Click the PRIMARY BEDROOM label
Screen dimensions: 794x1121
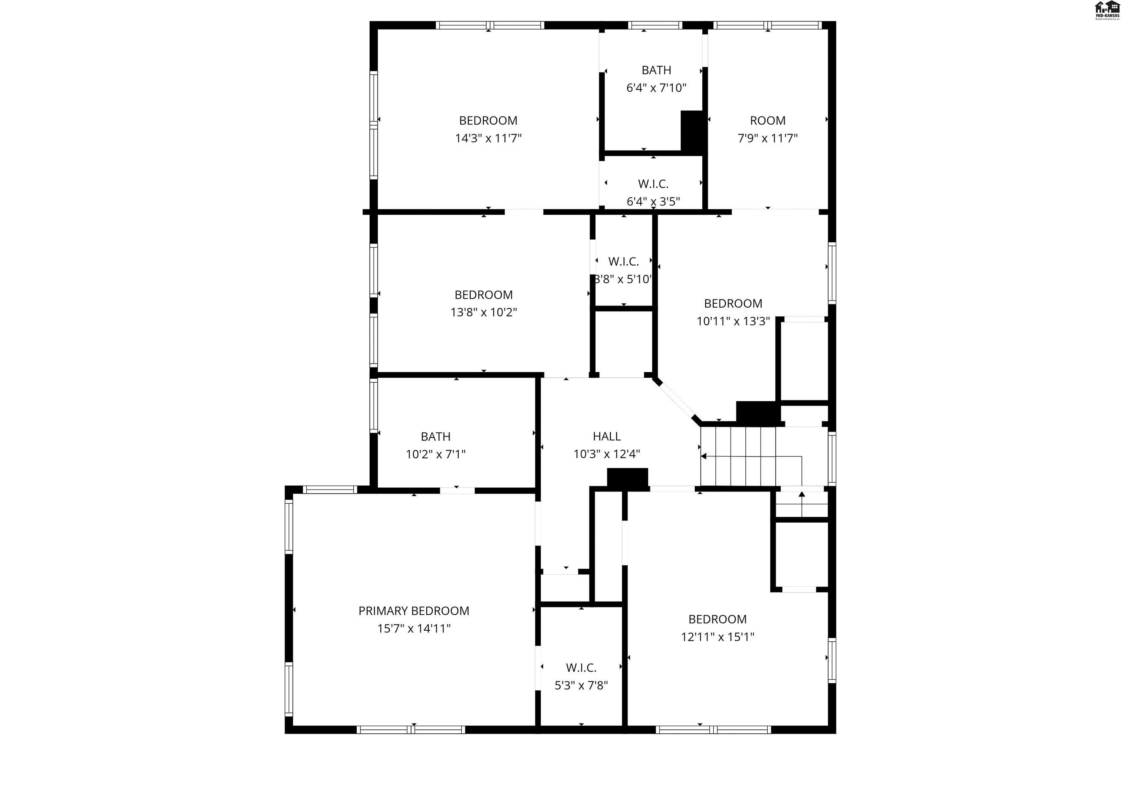click(x=414, y=610)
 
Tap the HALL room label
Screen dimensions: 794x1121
click(x=607, y=436)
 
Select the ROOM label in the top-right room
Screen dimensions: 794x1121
click(x=767, y=120)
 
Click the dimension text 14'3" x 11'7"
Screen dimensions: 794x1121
click(x=488, y=138)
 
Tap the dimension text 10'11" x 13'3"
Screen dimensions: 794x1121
click(x=733, y=321)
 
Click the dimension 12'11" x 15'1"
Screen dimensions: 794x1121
click(x=718, y=637)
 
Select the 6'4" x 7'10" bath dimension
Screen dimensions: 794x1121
click(x=656, y=88)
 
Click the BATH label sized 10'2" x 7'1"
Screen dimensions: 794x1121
click(x=435, y=436)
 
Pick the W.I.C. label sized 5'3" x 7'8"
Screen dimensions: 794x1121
click(x=581, y=667)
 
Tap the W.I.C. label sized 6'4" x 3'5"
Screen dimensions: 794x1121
click(x=653, y=184)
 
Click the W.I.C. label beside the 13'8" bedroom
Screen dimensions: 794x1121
click(x=623, y=262)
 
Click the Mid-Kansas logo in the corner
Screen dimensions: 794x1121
click(x=1107, y=10)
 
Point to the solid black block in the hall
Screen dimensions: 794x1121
click(x=627, y=477)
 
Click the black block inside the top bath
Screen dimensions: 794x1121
click(x=692, y=130)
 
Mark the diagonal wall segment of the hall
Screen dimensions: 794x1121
click(x=677, y=400)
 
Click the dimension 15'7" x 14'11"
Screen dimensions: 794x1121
click(x=414, y=629)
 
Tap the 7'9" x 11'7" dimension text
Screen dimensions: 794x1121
click(x=767, y=138)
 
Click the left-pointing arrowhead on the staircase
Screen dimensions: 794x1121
click(x=704, y=456)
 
